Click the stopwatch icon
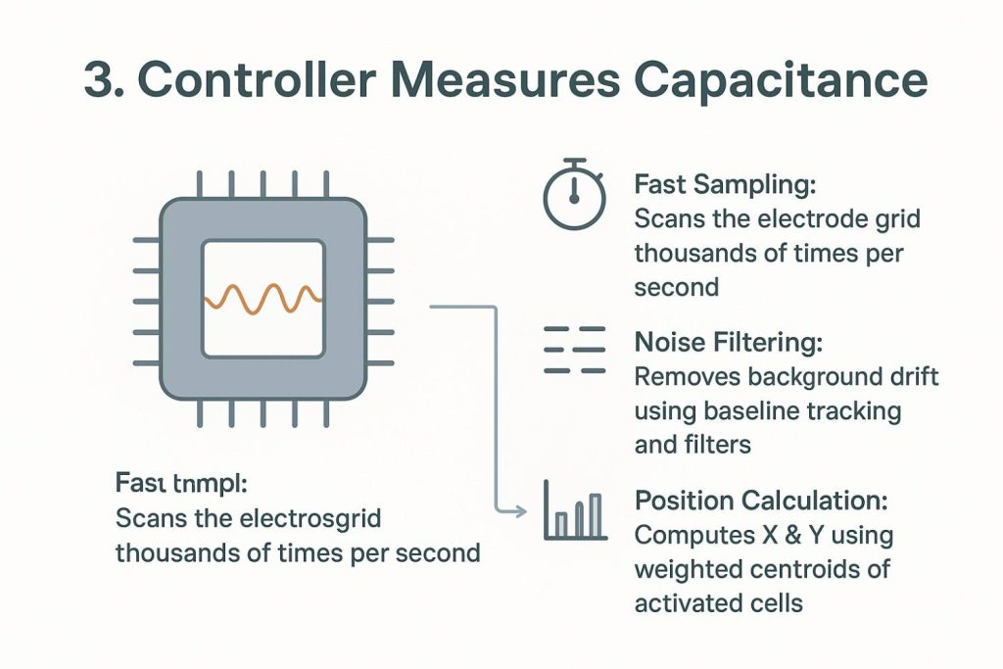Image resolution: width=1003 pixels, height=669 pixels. point(574,195)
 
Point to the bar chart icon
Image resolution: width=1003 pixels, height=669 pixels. point(573,512)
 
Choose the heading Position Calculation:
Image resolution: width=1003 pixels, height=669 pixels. point(761,502)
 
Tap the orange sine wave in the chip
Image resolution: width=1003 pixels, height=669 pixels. point(263,298)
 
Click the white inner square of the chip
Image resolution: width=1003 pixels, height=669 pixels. point(263,298)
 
